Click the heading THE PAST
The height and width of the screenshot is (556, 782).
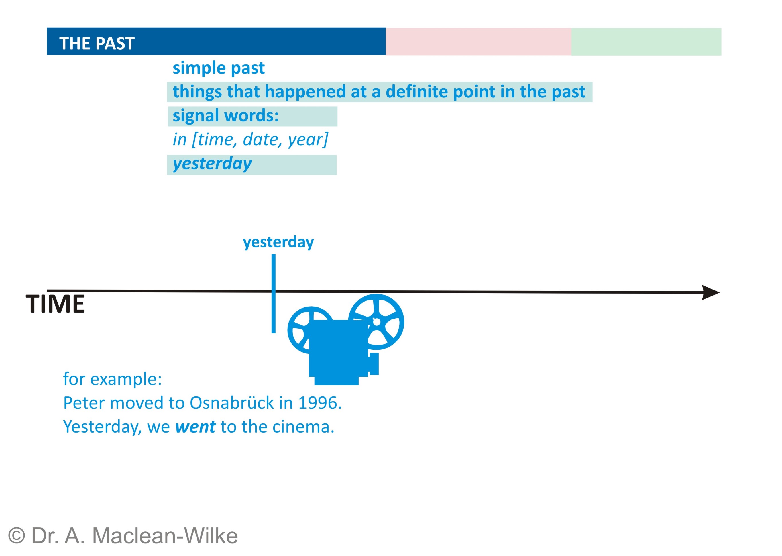tap(97, 44)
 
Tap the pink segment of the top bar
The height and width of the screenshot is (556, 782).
tap(478, 42)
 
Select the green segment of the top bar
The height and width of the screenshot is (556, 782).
tap(646, 42)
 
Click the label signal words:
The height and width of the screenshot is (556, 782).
tap(226, 116)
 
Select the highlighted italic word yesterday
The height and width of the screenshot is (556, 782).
tap(212, 164)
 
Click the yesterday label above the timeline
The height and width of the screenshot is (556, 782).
tap(278, 242)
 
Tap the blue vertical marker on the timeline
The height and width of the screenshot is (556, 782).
tap(274, 293)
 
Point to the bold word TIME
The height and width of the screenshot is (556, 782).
tap(55, 304)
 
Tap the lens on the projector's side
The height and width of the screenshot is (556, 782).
tap(374, 364)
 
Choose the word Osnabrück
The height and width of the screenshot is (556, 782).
tap(232, 403)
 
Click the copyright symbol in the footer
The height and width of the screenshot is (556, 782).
tap(16, 535)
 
